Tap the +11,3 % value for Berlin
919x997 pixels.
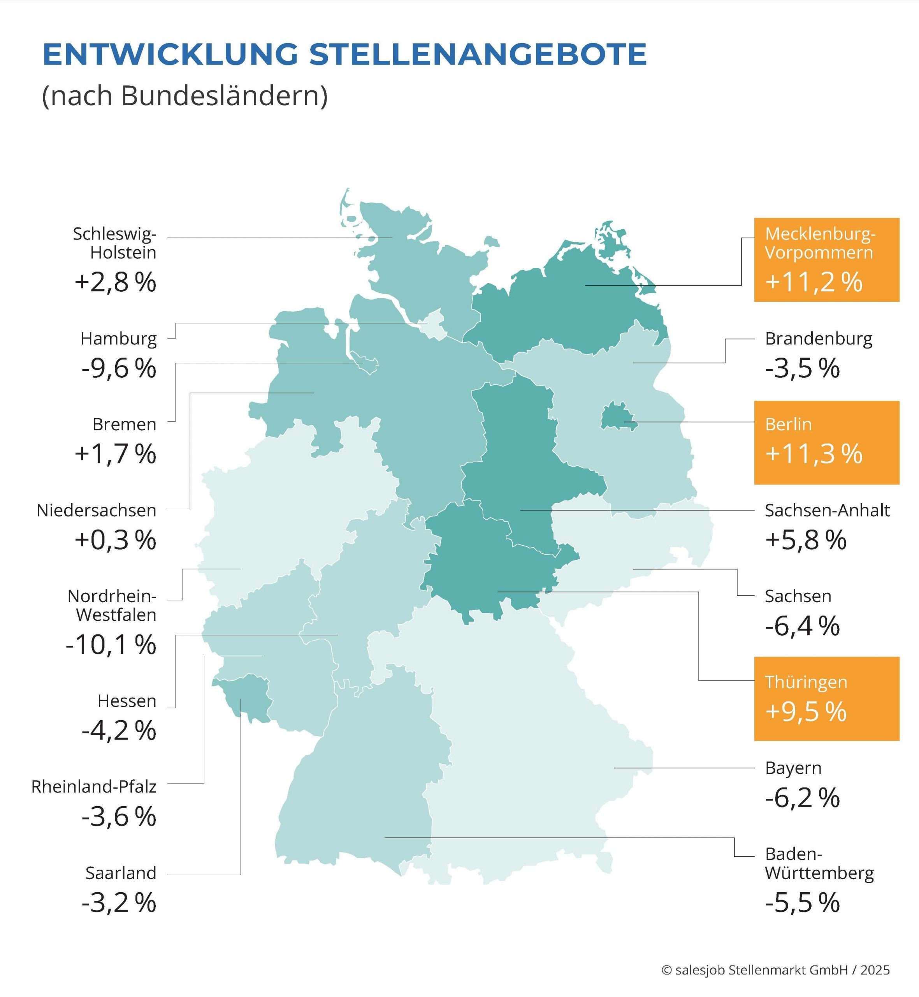[814, 454]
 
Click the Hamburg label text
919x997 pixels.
[118, 339]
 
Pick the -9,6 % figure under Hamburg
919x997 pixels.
[119, 369]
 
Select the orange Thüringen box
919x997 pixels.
[826, 699]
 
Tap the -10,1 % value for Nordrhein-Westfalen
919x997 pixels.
[111, 645]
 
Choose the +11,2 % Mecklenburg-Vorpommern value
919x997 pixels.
[814, 282]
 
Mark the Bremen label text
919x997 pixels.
[124, 425]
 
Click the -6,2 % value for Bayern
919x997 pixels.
[802, 798]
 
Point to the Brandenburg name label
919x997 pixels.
[818, 339]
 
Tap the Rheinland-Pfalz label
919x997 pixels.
[93, 787]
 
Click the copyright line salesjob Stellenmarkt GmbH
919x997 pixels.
[775, 970]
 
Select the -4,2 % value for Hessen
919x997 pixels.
[119, 731]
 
